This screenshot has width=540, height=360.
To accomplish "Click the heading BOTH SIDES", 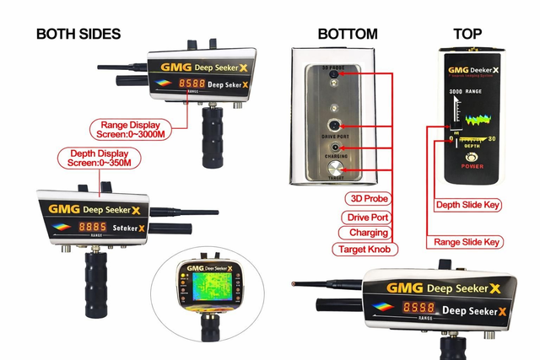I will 78,34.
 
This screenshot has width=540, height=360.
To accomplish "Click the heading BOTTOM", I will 347,34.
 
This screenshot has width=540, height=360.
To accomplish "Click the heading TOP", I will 467,34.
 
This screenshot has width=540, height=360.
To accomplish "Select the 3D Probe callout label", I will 366,198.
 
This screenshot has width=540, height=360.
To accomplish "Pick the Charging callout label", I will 368,232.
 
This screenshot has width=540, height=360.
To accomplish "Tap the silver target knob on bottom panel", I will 337,169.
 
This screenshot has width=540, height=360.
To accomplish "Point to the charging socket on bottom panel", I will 337,148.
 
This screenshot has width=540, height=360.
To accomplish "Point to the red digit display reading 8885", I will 93,228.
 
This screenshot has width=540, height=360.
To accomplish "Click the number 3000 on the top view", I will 456,89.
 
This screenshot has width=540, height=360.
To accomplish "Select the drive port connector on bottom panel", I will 337,126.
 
